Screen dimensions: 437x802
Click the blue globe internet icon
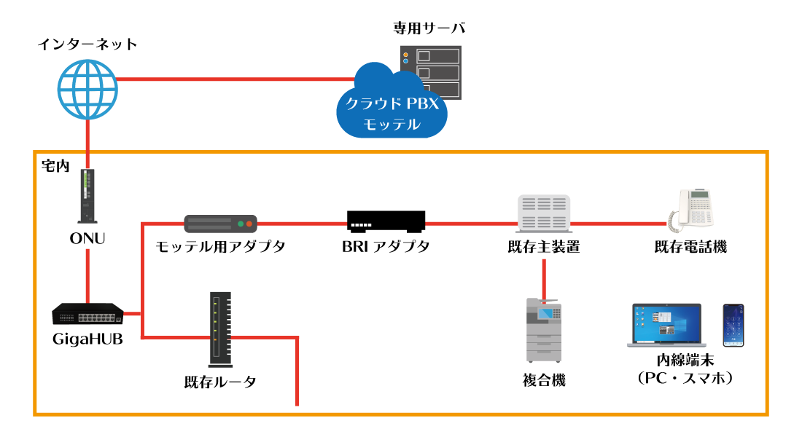point(87,90)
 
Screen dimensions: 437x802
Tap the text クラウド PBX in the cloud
point(392,104)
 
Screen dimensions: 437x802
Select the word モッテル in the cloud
point(392,125)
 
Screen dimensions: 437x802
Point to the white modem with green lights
point(87,196)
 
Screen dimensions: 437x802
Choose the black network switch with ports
point(87,314)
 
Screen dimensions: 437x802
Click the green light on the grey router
point(241,224)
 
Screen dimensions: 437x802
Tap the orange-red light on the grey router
point(249,224)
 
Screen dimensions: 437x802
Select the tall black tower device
point(220,329)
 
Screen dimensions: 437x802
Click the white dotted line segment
point(361,225)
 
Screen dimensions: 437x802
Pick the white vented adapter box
point(544,213)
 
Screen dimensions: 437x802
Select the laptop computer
point(666,325)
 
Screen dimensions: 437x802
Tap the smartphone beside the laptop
point(733,325)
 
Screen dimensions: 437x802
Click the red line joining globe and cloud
point(233,79)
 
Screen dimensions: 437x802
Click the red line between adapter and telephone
point(620,224)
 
